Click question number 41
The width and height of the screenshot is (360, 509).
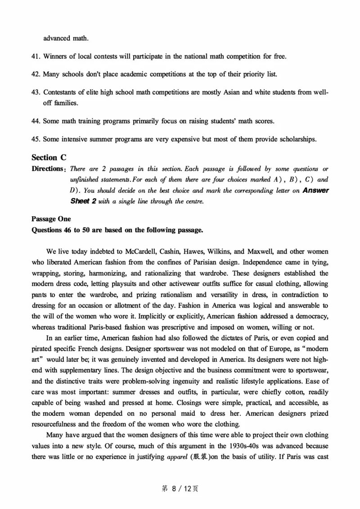pos(36,56)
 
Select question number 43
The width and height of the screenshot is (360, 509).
pos(36,92)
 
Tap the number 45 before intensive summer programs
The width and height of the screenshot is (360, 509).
pos(36,139)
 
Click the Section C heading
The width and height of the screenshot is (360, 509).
pos(49,157)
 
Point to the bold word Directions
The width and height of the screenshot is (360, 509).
pos(47,169)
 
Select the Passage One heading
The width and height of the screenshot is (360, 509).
pos(51,219)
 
